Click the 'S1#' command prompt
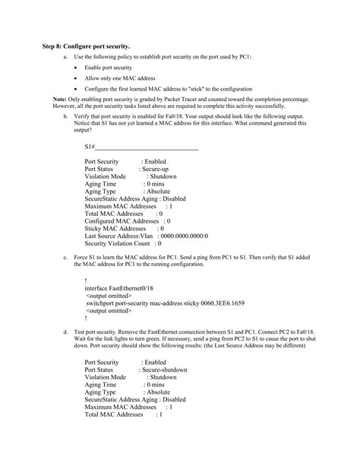point(90,146)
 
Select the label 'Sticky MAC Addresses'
point(115,228)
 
